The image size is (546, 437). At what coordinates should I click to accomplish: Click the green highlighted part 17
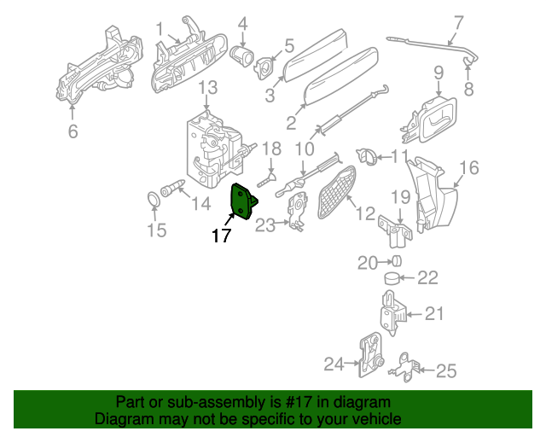pos(244,202)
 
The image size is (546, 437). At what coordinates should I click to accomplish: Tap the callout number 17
pos(221,236)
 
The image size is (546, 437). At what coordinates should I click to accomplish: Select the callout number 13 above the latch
pos(208,89)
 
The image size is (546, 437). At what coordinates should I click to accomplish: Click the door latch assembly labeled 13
pos(211,149)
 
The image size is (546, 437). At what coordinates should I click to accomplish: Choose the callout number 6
pos(73,131)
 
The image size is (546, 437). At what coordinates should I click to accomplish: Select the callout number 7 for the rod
pos(458,22)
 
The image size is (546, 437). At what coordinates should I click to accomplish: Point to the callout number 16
pos(470,166)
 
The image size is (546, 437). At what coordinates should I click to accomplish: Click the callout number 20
pos(367,262)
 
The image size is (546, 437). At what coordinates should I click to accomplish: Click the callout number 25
pos(446,370)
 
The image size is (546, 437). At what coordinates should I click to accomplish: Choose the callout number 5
pos(289,44)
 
